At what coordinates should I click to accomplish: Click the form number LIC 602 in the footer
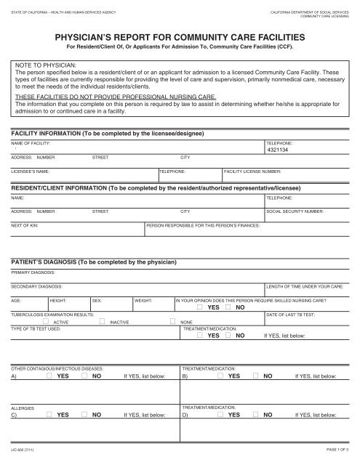click(23, 451)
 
